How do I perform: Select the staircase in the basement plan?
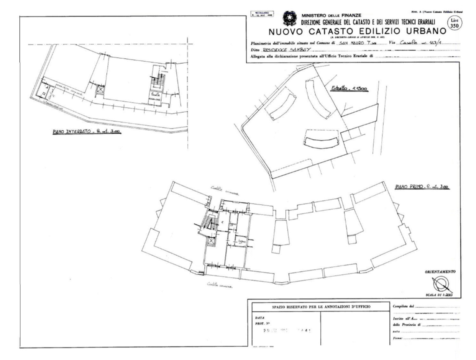point(159,79)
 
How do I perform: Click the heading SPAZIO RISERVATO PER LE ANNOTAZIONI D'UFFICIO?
point(318,306)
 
